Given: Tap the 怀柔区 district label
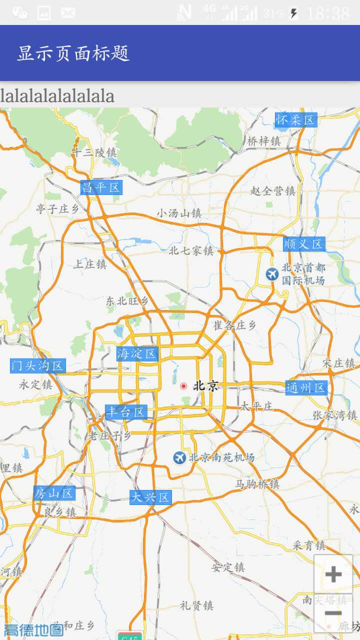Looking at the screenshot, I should [x=296, y=120].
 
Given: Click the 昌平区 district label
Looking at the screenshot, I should [x=101, y=187].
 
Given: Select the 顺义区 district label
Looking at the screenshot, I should [x=304, y=244].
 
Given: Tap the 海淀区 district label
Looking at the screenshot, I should [x=137, y=354].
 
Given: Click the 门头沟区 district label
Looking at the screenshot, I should [x=38, y=365].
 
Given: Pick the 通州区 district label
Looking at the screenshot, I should [x=306, y=387].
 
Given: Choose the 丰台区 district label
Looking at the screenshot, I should [x=126, y=412].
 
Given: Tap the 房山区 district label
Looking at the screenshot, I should [x=54, y=493].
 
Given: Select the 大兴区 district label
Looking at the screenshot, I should [x=150, y=497].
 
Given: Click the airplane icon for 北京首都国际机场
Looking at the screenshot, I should [x=272, y=274].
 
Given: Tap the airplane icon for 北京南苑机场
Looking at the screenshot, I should [x=179, y=457].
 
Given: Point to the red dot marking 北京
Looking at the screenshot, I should [x=183, y=386].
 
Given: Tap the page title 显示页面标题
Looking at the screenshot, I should [x=73, y=53].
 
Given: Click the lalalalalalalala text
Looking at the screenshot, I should [x=57, y=95].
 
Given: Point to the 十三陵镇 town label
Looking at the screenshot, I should [x=94, y=152].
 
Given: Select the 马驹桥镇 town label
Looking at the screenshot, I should [x=257, y=484].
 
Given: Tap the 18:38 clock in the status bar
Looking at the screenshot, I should [x=328, y=13].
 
